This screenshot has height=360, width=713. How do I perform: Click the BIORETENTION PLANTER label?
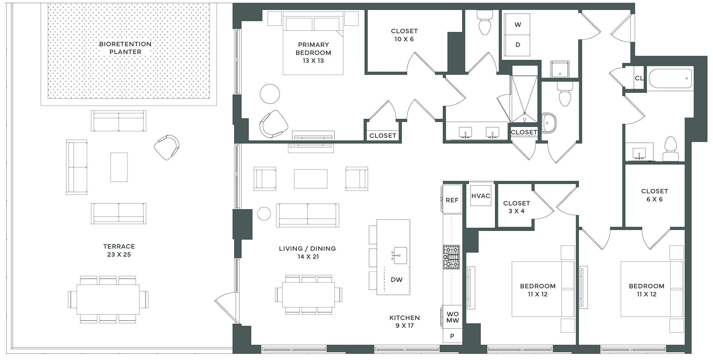point(125,48)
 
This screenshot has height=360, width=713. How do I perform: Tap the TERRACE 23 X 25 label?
point(119,250)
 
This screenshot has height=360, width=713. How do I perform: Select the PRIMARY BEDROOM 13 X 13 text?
point(313,52)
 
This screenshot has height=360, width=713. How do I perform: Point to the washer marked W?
point(517,25)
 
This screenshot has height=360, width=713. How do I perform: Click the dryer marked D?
point(517,45)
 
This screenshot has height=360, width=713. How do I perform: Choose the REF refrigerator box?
point(452,199)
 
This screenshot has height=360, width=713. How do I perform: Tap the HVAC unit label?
point(481,196)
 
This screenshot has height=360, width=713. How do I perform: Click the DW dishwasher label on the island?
point(397,280)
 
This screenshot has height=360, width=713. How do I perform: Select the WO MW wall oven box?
point(452,317)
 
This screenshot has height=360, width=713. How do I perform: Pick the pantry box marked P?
point(452,336)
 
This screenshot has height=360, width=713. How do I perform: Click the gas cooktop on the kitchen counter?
point(451,257)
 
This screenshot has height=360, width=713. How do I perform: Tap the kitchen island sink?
point(400,255)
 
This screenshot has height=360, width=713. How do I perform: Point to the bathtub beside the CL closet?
point(670,79)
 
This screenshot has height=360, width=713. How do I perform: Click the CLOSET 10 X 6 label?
point(404,35)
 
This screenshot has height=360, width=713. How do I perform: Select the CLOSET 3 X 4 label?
point(516,207)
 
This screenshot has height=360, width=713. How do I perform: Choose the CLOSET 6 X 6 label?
point(655,195)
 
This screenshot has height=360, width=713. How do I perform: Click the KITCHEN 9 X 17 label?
point(405,322)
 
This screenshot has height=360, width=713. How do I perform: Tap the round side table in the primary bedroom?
point(270,94)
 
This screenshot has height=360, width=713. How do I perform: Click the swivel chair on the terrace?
point(167,147)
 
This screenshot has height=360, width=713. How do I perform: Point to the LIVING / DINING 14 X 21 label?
point(307,253)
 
